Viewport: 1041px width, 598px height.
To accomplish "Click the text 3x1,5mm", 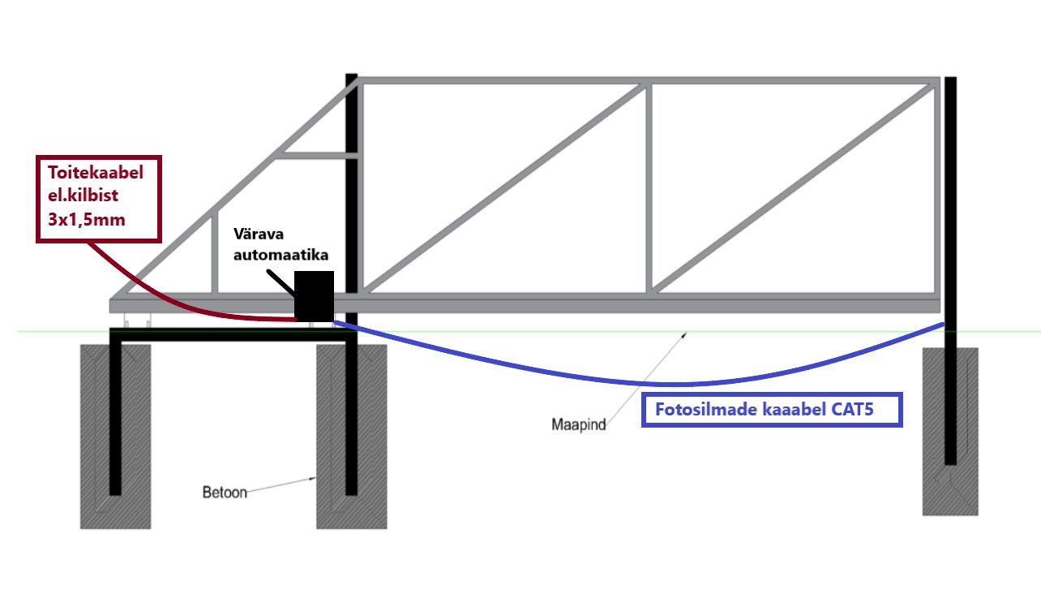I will point(85,219).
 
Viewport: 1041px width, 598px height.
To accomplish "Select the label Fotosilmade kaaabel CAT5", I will point(771,410).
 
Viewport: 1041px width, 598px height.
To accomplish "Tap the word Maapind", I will point(579,424).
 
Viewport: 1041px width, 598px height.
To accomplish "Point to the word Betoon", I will point(224,492).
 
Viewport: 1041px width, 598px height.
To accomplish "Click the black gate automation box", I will point(314,296).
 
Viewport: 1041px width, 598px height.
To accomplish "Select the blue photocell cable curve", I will point(649,382).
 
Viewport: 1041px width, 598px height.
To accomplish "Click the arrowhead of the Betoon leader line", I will point(315,479).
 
